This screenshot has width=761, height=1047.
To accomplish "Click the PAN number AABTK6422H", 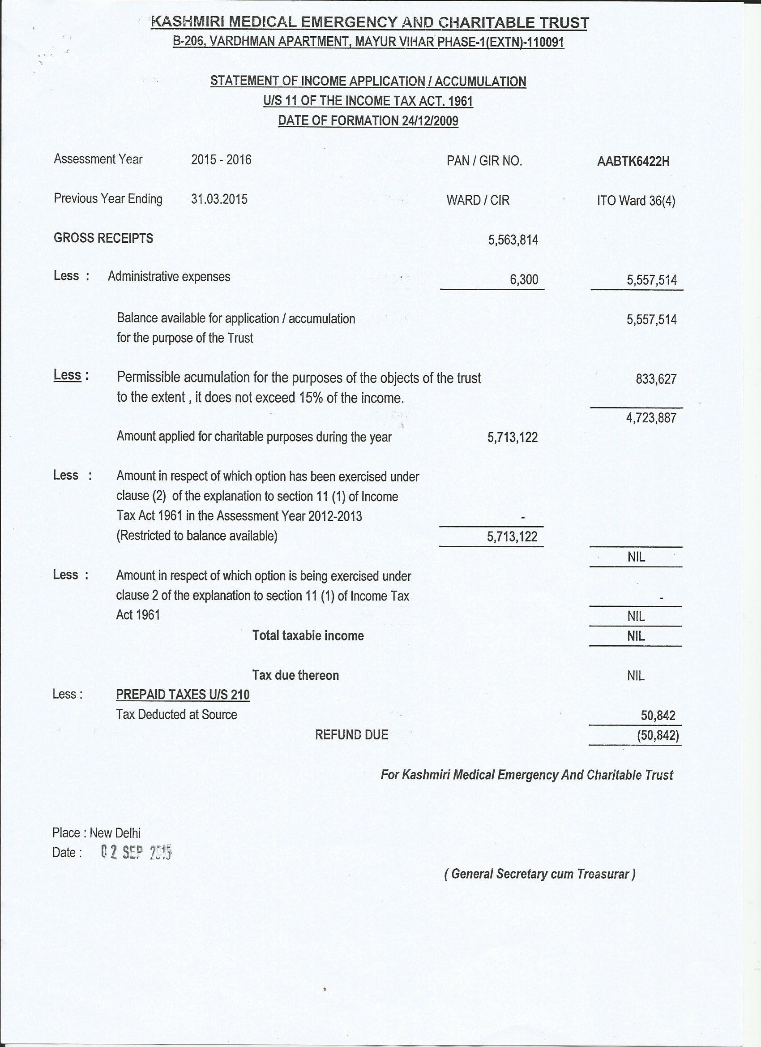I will pyautogui.click(x=633, y=161).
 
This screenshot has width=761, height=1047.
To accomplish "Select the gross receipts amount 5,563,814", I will pyautogui.click(x=513, y=240).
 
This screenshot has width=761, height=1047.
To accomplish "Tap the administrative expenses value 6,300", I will pyautogui.click(x=524, y=279).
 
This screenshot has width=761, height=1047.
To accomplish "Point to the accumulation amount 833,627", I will pyautogui.click(x=655, y=379).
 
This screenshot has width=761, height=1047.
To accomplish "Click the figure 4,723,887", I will pyautogui.click(x=651, y=418).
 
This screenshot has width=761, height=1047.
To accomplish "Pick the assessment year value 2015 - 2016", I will pyautogui.click(x=221, y=160).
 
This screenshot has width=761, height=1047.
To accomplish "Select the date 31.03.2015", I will pyautogui.click(x=219, y=199).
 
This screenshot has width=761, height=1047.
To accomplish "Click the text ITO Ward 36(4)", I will pyautogui.click(x=636, y=201).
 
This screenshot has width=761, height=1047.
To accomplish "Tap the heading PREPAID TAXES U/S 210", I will pyautogui.click(x=183, y=694).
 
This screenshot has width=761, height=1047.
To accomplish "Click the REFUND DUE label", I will pyautogui.click(x=351, y=734).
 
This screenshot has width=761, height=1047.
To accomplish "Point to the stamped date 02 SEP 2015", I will pyautogui.click(x=136, y=852).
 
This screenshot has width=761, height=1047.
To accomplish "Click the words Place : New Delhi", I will pyautogui.click(x=96, y=832).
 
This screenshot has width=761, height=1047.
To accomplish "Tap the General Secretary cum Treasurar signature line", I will pyautogui.click(x=539, y=873).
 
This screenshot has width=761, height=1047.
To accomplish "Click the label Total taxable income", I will pyautogui.click(x=308, y=636).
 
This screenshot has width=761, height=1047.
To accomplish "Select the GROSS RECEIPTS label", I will pyautogui.click(x=103, y=238).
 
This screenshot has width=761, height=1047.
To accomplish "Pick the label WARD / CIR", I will pyautogui.click(x=478, y=200).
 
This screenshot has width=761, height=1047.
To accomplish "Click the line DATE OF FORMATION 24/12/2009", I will pyautogui.click(x=368, y=121).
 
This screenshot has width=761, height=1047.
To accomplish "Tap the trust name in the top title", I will pyautogui.click(x=369, y=22).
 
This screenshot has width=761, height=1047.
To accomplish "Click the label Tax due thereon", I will pyautogui.click(x=295, y=675).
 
